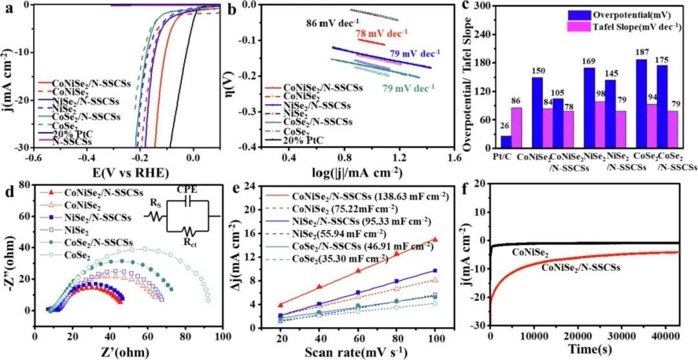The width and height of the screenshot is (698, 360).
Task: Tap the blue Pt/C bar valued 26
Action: (506, 141)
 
